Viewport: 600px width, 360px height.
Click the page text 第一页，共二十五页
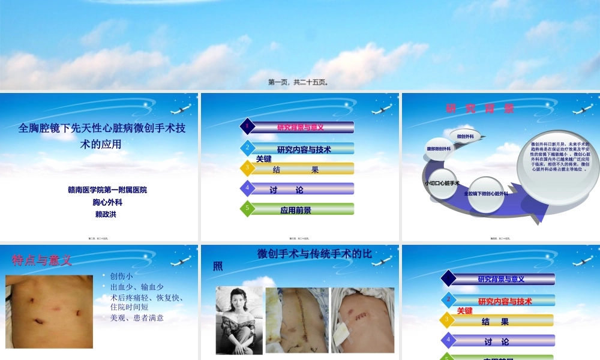(x=298, y=83)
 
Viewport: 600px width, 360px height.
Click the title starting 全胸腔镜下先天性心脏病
(x=102, y=135)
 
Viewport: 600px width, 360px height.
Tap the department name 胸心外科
(x=107, y=202)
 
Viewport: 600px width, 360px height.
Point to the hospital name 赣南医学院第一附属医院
(x=107, y=190)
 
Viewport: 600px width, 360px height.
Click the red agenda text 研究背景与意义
(x=300, y=127)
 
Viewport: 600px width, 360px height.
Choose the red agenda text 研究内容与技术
(x=504, y=301)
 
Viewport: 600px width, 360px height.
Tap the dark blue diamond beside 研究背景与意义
(x=448, y=278)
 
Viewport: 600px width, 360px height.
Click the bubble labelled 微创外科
(x=466, y=136)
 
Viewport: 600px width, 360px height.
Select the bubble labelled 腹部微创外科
(x=439, y=149)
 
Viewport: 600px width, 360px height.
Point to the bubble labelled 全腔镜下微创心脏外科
(x=486, y=194)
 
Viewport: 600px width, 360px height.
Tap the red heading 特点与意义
(x=42, y=260)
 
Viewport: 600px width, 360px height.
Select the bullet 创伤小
(x=121, y=276)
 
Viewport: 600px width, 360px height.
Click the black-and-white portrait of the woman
(x=239, y=320)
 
